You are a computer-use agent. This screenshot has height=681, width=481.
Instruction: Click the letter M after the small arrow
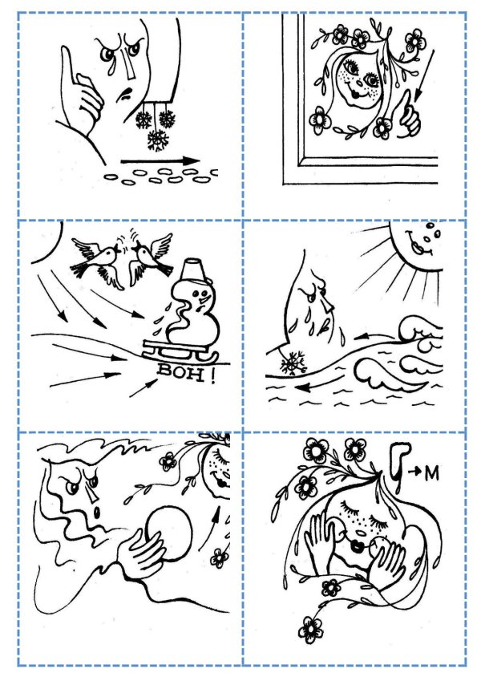431,474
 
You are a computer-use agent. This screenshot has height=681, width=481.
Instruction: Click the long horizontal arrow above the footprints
160,161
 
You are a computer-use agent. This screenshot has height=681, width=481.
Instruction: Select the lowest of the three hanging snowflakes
158,140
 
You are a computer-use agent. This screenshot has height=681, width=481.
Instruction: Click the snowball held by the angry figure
169,533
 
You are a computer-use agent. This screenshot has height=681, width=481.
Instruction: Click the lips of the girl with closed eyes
358,546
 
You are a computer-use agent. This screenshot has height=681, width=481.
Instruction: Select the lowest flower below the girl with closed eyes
311,630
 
